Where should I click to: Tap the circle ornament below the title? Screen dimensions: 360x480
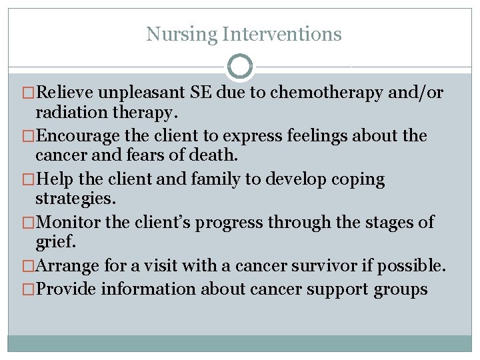pos(240,67)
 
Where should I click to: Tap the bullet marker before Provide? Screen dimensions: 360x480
pos(27,289)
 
